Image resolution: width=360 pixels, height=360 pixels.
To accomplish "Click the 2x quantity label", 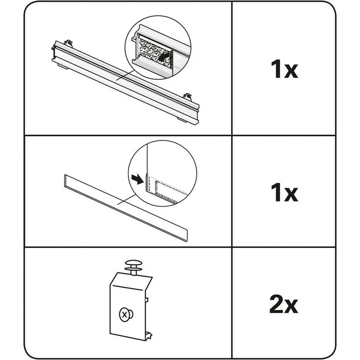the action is pyautogui.click(x=284, y=304).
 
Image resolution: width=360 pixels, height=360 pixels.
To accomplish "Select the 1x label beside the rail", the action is pyautogui.click(x=284, y=69).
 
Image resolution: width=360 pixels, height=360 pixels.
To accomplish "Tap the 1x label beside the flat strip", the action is pyautogui.click(x=284, y=192).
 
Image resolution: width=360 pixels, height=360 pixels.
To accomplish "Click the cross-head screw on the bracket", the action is pyautogui.click(x=126, y=315).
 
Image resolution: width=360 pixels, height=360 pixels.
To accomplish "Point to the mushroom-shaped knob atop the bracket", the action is pyautogui.click(x=134, y=266).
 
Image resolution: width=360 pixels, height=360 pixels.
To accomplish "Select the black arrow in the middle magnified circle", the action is pyautogui.click(x=137, y=179).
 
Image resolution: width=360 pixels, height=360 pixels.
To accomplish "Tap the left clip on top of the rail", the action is pyautogui.click(x=68, y=43).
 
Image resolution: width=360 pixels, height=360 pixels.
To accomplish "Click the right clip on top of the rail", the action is pyautogui.click(x=188, y=97).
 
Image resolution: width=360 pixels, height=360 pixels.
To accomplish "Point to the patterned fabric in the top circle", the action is pyautogui.click(x=154, y=52).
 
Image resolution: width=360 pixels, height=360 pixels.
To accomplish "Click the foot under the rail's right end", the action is pyautogui.click(x=181, y=119).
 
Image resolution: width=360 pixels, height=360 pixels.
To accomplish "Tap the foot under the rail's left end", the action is pyautogui.click(x=63, y=66).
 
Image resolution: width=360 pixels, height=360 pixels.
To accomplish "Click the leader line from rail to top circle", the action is pyautogui.click(x=125, y=75).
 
